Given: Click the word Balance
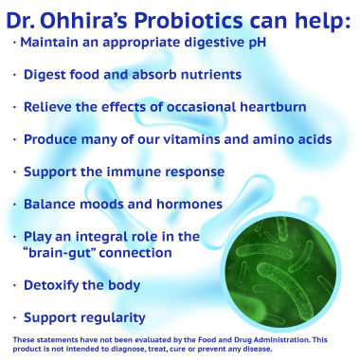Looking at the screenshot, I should tap(52, 204).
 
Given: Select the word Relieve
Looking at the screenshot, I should tap(50, 107).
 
